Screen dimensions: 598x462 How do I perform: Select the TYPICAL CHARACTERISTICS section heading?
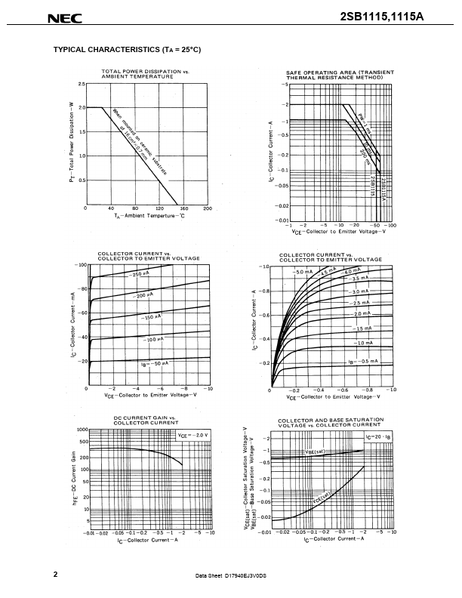(x=127, y=50)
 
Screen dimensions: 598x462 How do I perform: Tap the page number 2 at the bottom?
(x=55, y=575)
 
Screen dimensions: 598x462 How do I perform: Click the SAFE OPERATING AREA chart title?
(x=340, y=73)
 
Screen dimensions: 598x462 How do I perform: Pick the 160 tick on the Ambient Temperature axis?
(x=183, y=208)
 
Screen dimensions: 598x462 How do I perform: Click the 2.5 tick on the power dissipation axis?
(x=80, y=82)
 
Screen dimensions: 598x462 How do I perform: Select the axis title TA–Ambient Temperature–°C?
(x=144, y=216)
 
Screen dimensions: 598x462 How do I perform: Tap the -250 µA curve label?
(x=140, y=274)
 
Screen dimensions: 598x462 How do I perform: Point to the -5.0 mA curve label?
(x=303, y=272)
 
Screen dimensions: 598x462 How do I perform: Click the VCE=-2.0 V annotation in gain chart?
(x=192, y=436)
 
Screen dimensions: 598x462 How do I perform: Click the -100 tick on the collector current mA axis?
(x=78, y=265)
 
